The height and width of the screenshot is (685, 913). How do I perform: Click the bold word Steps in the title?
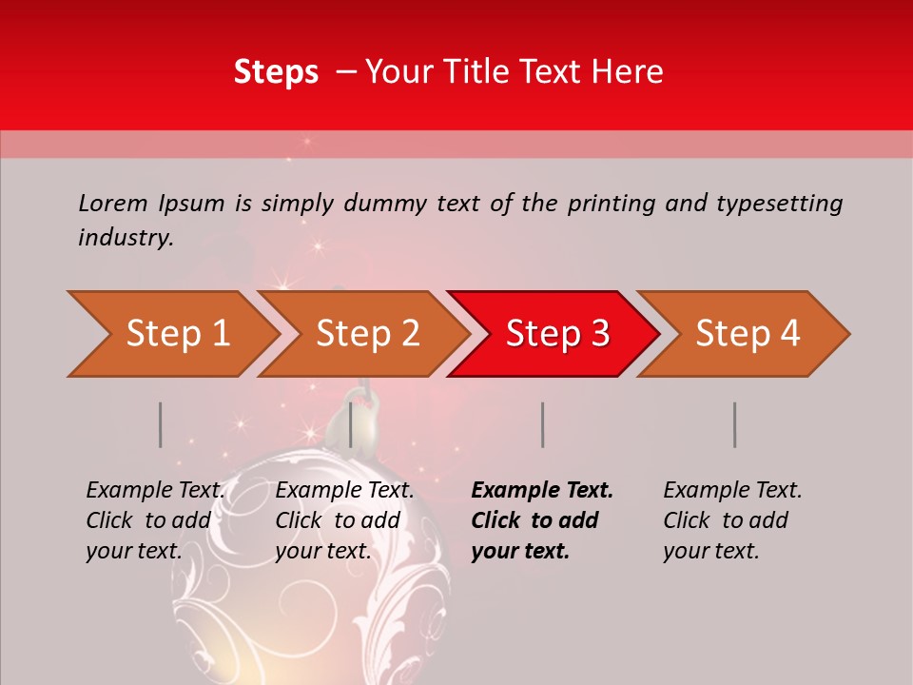276,72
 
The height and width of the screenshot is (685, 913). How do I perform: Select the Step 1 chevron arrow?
171,334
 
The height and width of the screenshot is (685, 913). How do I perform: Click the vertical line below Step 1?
161,424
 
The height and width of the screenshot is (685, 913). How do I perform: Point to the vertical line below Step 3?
542,424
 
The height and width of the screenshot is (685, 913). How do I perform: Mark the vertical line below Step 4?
734,424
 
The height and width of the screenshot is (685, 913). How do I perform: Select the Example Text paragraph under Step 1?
155,520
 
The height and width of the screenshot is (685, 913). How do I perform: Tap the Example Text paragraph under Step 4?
732,520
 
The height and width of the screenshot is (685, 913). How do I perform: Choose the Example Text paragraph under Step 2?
344,520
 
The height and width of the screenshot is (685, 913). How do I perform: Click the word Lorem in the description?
113,204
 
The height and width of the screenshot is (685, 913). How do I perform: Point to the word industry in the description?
125,238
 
